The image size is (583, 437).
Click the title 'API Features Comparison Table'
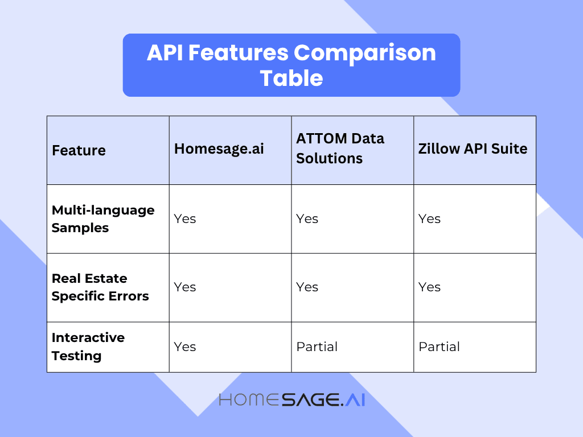pos(291,65)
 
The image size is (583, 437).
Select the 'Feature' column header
pos(79,151)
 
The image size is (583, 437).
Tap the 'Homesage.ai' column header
pos(219,149)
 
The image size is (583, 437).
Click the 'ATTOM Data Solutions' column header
pos(340,149)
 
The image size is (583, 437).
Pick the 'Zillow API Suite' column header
pos(473,149)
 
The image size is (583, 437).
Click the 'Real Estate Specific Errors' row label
pos(100,287)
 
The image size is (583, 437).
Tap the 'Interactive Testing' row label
pos(88,347)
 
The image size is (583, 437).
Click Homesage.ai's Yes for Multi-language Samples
pos(185,219)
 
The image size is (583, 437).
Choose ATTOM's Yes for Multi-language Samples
pos(307,219)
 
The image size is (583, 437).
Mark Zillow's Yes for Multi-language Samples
pos(429,219)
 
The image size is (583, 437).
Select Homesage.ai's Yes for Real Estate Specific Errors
pos(185,287)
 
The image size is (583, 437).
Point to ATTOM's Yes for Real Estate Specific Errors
pos(307,287)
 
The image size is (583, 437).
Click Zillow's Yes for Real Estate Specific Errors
pos(429,287)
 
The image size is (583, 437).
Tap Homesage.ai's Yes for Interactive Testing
pos(185,347)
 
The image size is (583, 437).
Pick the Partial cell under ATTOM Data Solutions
pos(317,347)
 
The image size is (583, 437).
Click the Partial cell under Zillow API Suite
pos(439,347)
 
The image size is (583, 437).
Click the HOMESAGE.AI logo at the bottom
pos(291,399)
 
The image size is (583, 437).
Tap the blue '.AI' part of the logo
pos(353,399)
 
